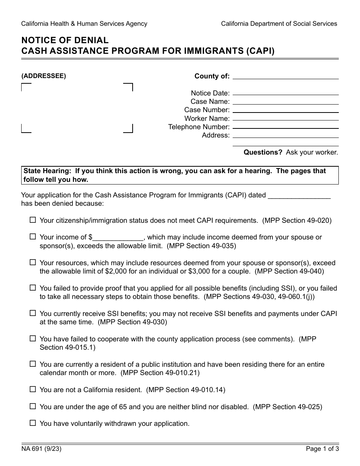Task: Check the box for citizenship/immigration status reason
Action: point(33,220)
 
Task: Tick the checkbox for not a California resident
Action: point(33,389)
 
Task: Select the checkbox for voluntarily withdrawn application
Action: point(33,423)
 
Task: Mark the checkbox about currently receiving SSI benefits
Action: point(33,313)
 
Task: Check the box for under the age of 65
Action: point(33,406)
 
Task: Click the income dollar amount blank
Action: point(118,238)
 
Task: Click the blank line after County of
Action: point(285,76)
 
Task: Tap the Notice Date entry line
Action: point(285,93)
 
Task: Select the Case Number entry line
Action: point(285,110)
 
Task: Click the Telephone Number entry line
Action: point(285,127)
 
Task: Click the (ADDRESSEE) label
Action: point(44,76)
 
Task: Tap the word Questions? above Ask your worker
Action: point(263,152)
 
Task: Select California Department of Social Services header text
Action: point(279,23)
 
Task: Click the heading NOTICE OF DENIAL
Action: point(65,40)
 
